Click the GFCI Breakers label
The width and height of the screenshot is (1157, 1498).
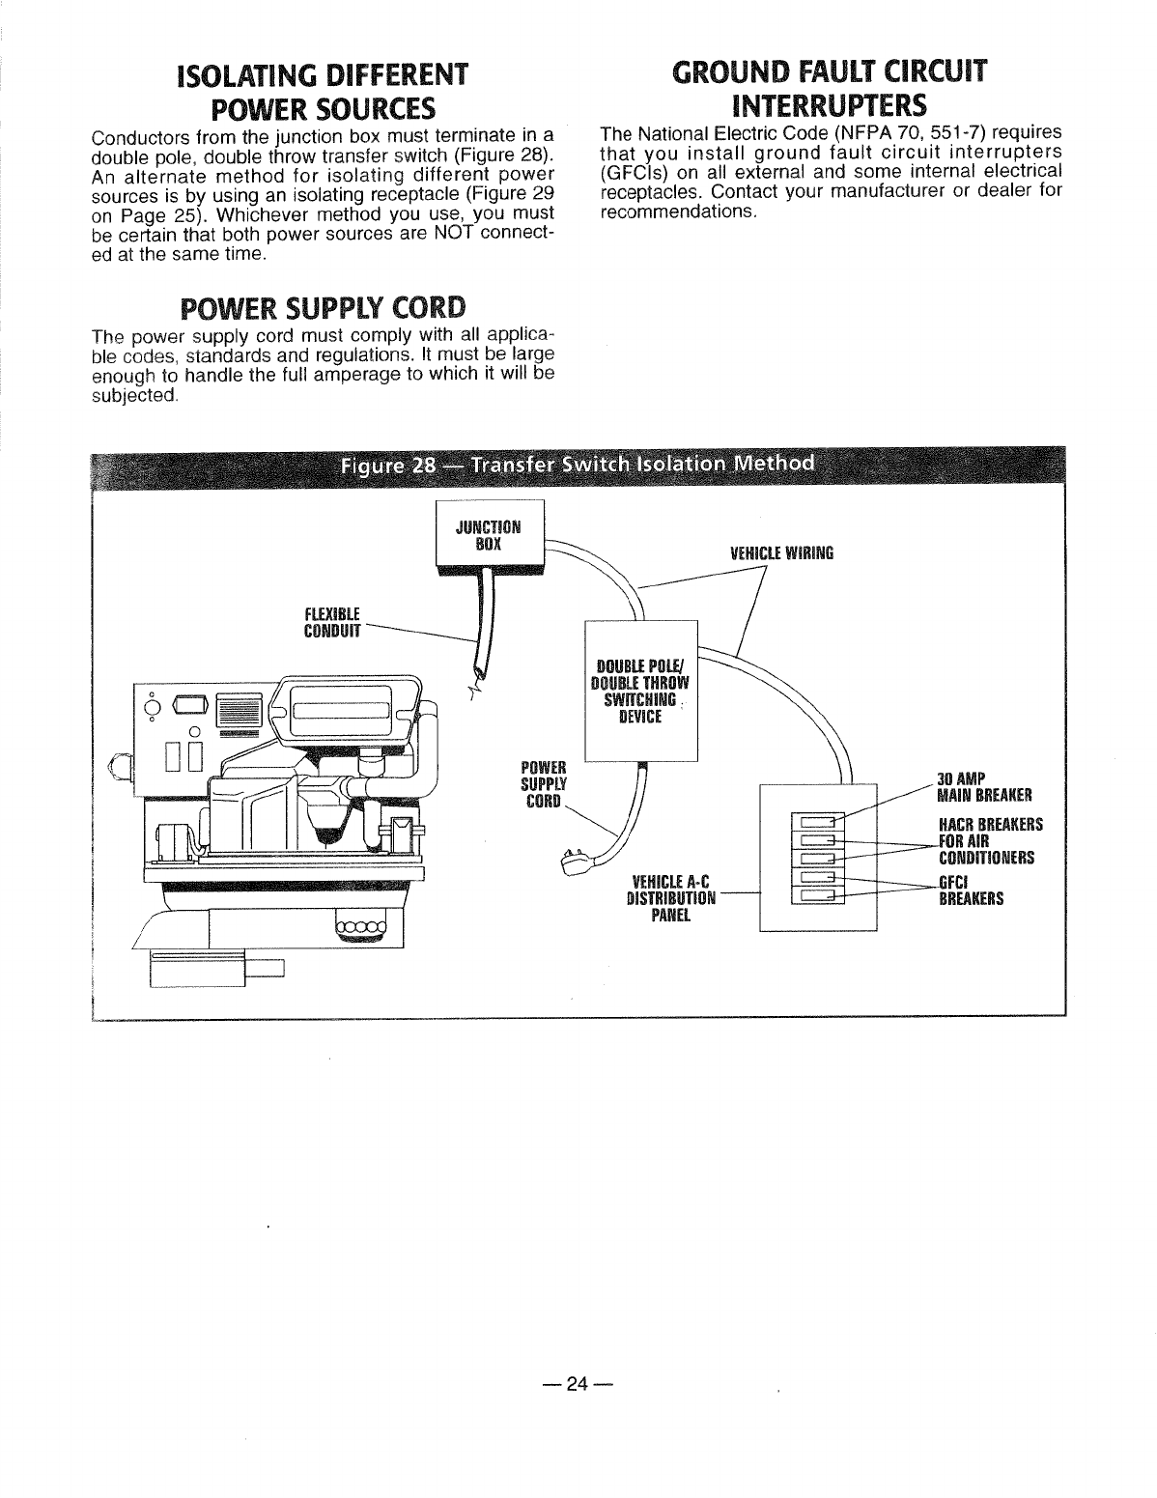(971, 890)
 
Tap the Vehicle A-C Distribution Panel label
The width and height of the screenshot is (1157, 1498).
(670, 898)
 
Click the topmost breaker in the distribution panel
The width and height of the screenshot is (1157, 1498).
(816, 823)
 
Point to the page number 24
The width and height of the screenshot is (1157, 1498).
(577, 1384)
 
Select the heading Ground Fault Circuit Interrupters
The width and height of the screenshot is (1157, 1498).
(831, 87)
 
